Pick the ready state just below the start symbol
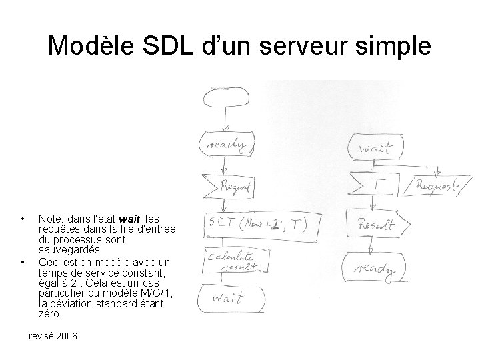tap(227, 144)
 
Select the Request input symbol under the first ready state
tap(228, 187)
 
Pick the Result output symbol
tap(375, 225)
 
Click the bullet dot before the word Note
tap(23, 219)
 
